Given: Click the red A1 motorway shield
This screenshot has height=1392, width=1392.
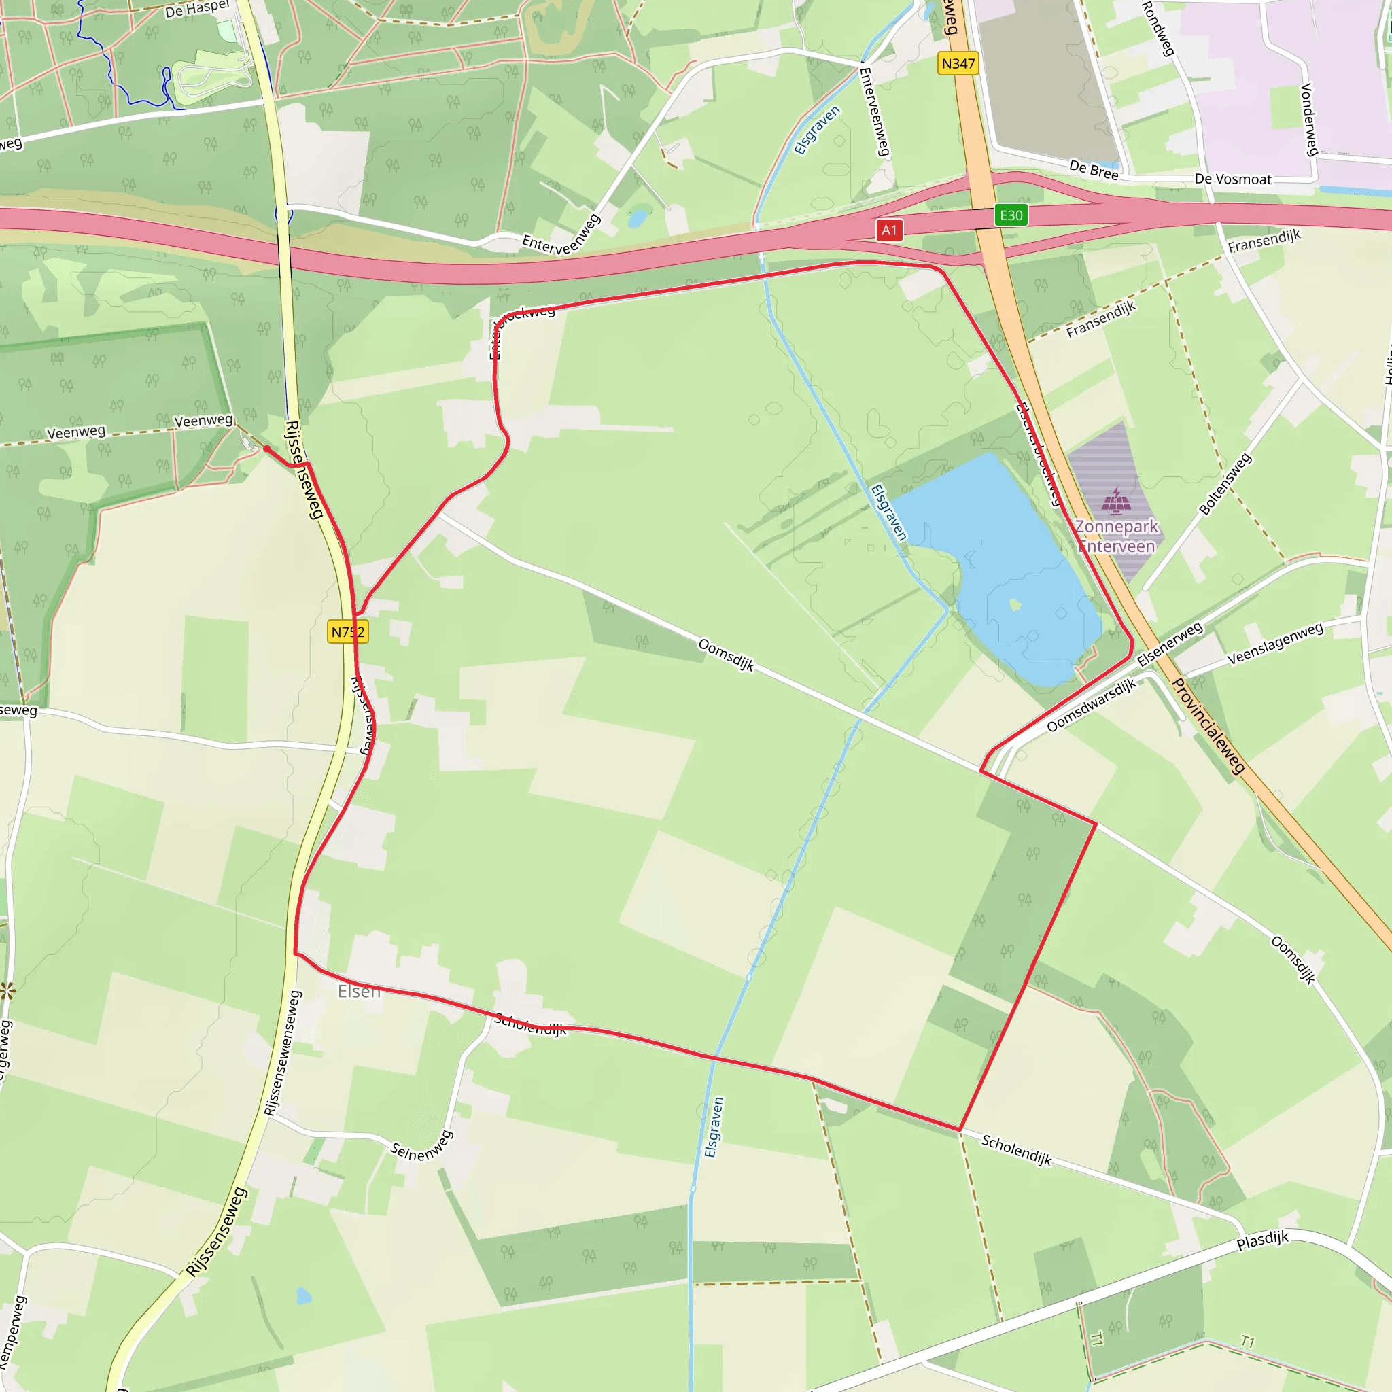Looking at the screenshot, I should tap(889, 230).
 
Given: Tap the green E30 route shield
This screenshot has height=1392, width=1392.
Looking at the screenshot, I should tap(1011, 215).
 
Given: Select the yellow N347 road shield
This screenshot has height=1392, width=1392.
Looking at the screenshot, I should tap(958, 64).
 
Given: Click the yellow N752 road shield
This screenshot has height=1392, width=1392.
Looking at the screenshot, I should tap(348, 632).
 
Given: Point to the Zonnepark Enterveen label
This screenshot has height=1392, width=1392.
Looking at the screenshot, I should tap(1116, 536).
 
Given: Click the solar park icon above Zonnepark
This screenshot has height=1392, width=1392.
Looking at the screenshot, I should tap(1115, 501).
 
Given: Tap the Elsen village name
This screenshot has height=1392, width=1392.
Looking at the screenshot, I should tap(359, 992).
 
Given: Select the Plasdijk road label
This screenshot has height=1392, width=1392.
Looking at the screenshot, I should tap(1262, 1240).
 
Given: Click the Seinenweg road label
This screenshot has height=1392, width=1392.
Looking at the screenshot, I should tap(421, 1145).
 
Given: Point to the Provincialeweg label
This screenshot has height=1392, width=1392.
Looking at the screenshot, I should tap(1208, 725).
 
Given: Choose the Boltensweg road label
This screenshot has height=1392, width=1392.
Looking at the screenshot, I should tap(1225, 484).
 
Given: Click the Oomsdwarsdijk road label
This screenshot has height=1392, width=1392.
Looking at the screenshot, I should tap(1091, 705).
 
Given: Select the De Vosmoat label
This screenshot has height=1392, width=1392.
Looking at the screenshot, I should tap(1233, 179).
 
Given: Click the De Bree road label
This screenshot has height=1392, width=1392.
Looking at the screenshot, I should tap(1094, 170).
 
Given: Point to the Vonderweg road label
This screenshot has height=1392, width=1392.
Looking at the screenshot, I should tap(1309, 120).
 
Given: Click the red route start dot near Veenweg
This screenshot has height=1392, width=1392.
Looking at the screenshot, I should tap(266, 449).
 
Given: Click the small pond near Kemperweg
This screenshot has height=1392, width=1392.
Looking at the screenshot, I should tap(304, 1296).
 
